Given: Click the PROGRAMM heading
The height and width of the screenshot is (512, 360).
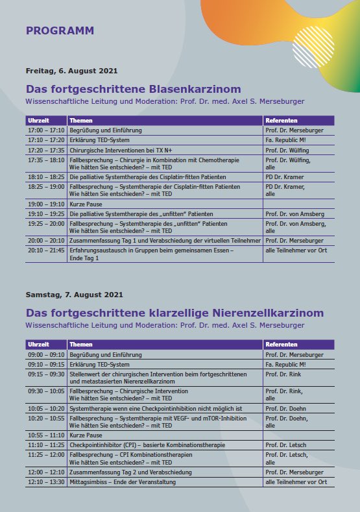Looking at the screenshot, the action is (60, 30).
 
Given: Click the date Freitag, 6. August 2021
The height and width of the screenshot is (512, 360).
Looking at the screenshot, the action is (71, 71).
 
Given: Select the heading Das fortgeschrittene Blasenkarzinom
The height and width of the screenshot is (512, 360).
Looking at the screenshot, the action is (133, 89).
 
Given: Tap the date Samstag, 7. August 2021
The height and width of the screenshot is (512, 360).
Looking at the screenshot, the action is (74, 295).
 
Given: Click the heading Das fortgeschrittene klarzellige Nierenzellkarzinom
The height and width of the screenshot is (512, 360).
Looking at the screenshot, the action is (174, 313).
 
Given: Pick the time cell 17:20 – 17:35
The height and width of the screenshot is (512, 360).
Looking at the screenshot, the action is (46, 149).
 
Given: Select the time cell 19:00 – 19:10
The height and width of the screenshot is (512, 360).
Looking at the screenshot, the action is (46, 204).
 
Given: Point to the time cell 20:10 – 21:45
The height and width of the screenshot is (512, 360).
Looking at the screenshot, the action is (46, 249).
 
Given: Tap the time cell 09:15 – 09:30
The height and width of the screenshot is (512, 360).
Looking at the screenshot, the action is (46, 374).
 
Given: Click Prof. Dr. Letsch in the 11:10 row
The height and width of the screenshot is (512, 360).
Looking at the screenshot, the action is (286, 445).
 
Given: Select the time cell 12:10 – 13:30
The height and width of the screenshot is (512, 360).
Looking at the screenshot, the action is (46, 482).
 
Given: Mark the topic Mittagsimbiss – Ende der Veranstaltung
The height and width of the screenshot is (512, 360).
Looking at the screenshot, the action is (123, 482).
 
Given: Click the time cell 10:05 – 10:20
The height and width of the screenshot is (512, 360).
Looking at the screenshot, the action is (46, 409).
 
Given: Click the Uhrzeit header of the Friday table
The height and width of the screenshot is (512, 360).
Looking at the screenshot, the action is (38, 121).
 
